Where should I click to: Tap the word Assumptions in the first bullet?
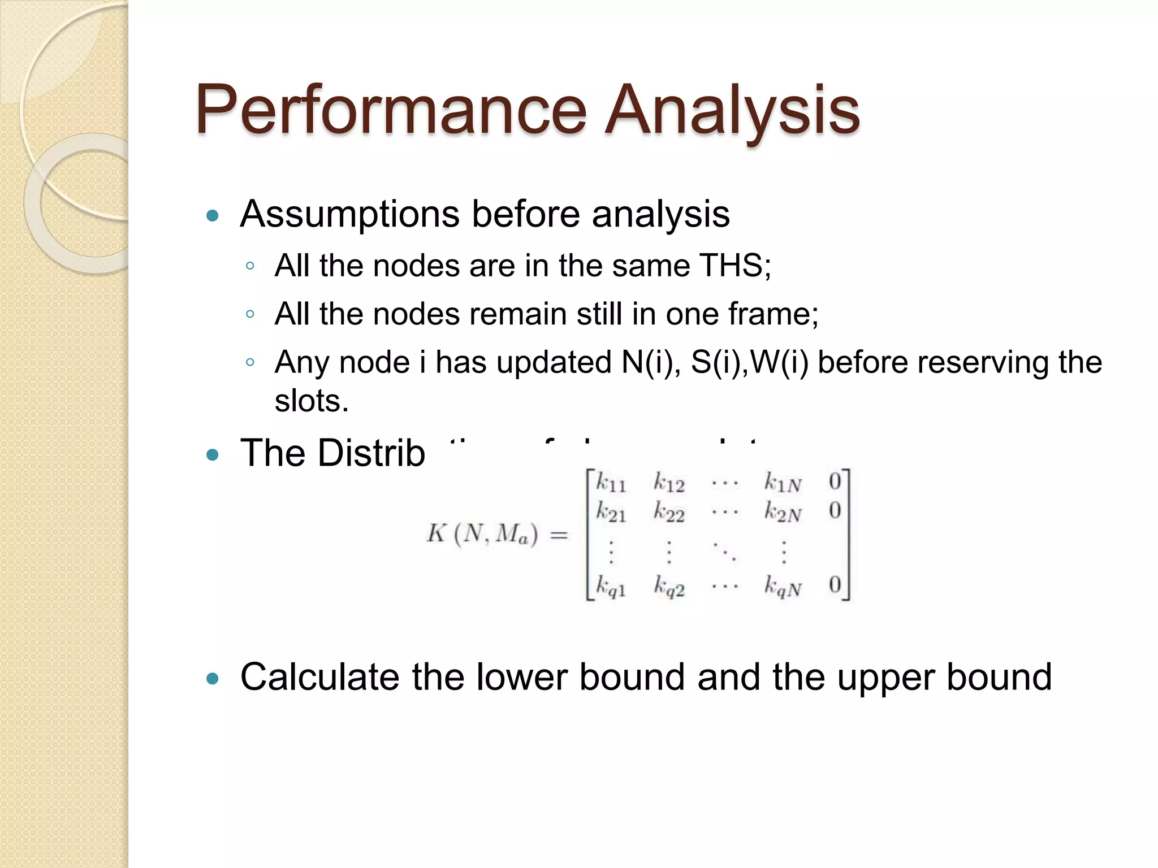pyautogui.click(x=350, y=215)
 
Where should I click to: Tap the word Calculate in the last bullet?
pyautogui.click(x=319, y=677)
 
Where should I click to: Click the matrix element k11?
pyautogui.click(x=611, y=483)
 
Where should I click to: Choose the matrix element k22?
pyautogui.click(x=669, y=513)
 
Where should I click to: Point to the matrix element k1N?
pyautogui.click(x=783, y=483)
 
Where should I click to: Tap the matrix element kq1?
pyautogui.click(x=611, y=587)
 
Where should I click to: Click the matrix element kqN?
pyautogui.click(x=783, y=587)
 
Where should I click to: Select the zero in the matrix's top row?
pyautogui.click(x=835, y=481)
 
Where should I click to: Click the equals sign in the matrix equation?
pyautogui.click(x=559, y=534)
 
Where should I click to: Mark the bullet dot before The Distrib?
pyautogui.click(x=213, y=454)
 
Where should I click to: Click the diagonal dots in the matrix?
pyautogui.click(x=724, y=551)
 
